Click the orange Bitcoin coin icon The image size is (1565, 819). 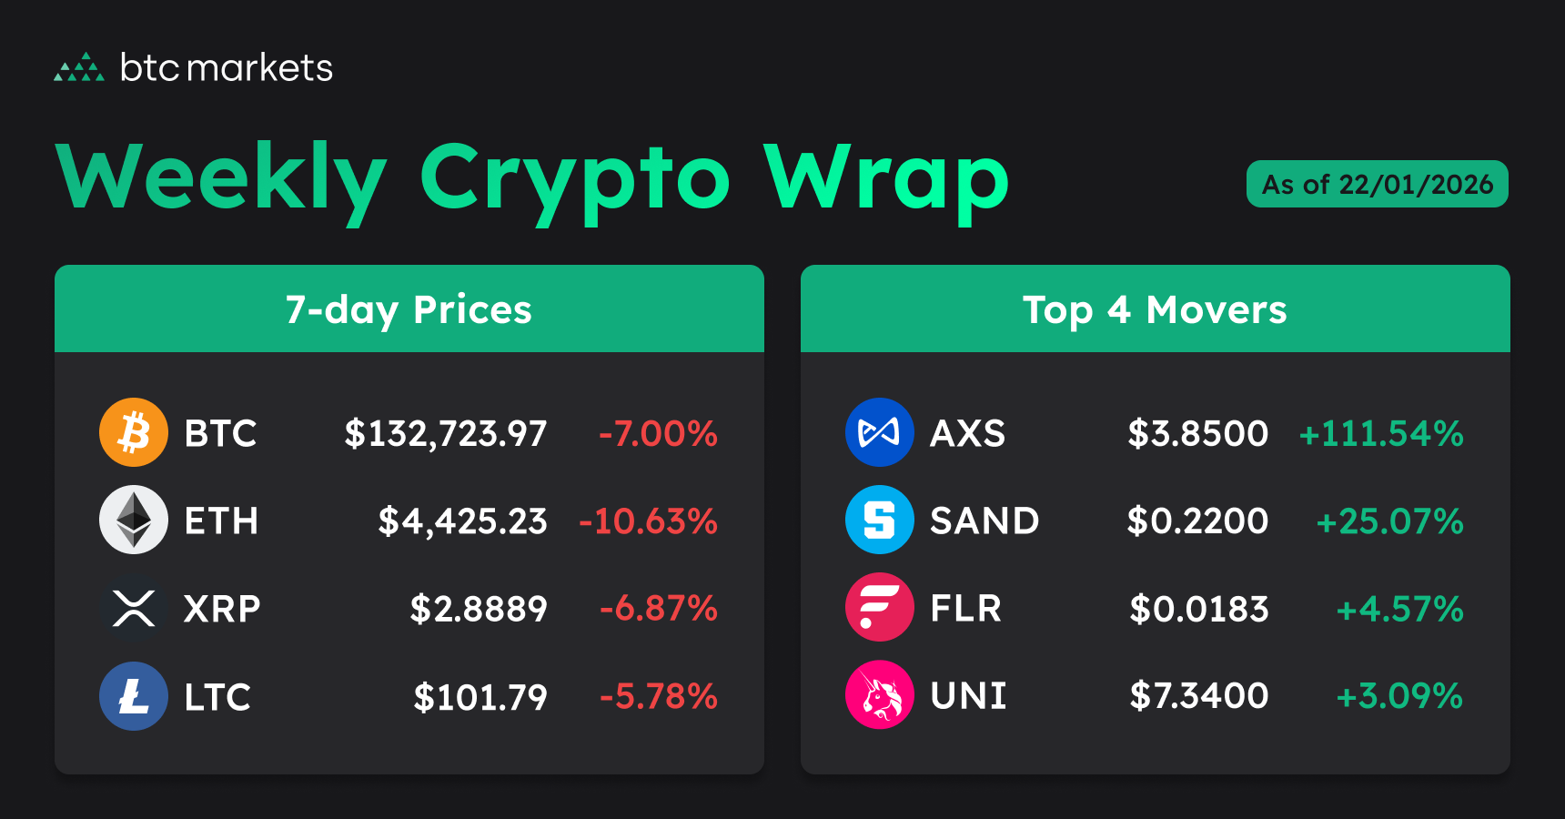coord(134,432)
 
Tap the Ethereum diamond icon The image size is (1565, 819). coord(134,520)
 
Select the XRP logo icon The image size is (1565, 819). coord(134,608)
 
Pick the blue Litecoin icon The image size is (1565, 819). coord(134,696)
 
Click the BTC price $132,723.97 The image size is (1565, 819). coord(446,433)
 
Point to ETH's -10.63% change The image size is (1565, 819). coord(649,521)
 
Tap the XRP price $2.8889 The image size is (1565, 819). coord(479,609)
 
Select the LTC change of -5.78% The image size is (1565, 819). coord(659,697)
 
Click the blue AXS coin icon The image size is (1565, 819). coord(880,432)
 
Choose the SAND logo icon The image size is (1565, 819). coord(880,520)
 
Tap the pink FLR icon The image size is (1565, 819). coord(880,607)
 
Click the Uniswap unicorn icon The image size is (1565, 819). coord(880,694)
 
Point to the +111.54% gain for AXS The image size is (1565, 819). coord(1381,433)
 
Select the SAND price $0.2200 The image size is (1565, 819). coord(1197,521)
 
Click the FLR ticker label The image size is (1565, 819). coord(965,608)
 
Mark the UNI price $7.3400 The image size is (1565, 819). coord(1199,696)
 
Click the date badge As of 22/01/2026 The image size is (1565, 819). coord(1377,184)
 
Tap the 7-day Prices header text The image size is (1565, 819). coord(409,310)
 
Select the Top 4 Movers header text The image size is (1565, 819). coord(1155,310)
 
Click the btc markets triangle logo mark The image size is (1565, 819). coord(79,67)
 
